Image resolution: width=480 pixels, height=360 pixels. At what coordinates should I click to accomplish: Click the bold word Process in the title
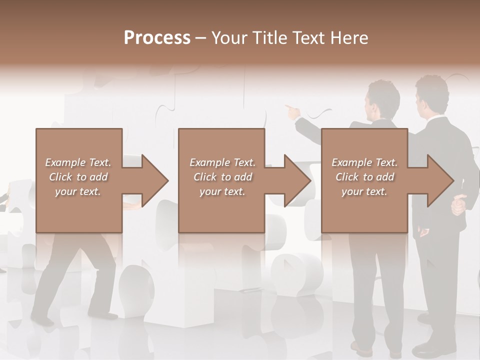tap(157, 38)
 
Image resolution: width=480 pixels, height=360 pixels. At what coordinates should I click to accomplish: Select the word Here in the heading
tap(349, 38)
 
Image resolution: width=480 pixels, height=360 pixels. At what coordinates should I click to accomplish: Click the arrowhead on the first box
tap(154, 180)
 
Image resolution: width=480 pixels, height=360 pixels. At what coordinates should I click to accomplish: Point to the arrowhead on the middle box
tap(296, 180)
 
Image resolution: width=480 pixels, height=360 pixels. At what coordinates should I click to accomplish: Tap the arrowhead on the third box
tap(439, 180)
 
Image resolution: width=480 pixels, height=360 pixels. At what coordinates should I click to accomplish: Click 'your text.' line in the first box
tap(78, 191)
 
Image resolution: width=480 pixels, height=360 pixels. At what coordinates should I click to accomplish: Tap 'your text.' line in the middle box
tap(222, 191)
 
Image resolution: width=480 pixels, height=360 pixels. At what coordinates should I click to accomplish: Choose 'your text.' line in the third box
tap(364, 191)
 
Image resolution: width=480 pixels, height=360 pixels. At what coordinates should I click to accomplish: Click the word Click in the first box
tap(60, 177)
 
